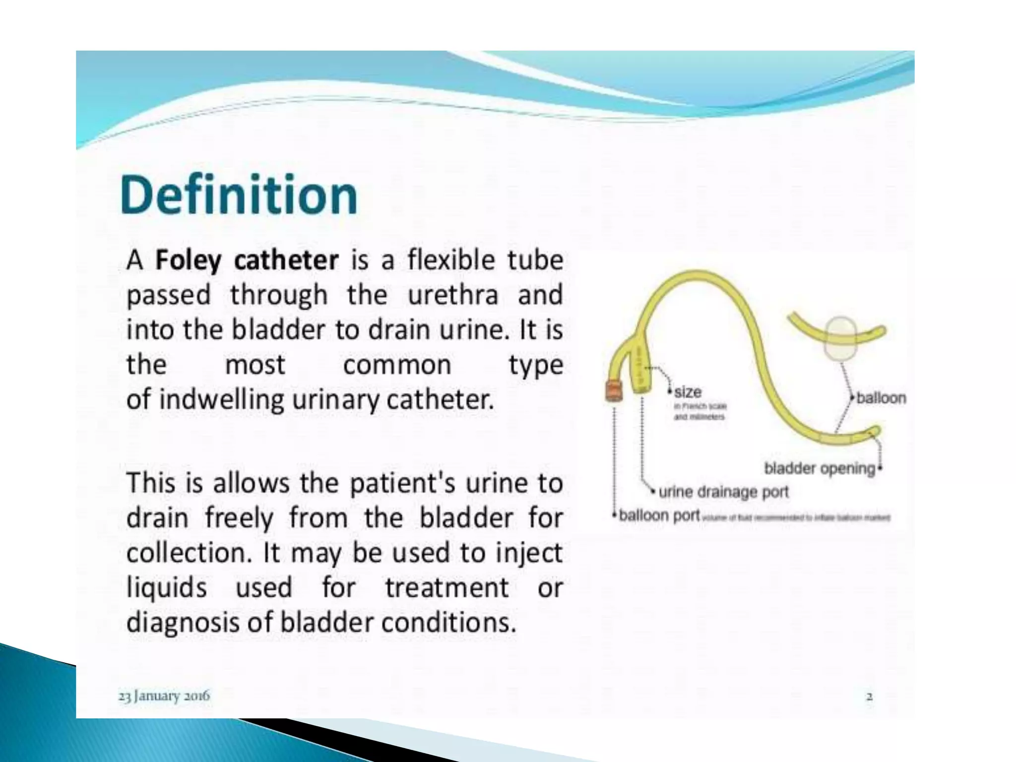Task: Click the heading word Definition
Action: [x=239, y=195]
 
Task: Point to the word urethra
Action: [x=452, y=295]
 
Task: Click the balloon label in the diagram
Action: [x=881, y=398]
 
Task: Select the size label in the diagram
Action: [x=688, y=392]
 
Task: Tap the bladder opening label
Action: [x=820, y=468]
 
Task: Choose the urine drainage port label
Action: [x=723, y=492]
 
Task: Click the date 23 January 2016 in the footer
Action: [x=164, y=696]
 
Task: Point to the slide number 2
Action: [x=869, y=697]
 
